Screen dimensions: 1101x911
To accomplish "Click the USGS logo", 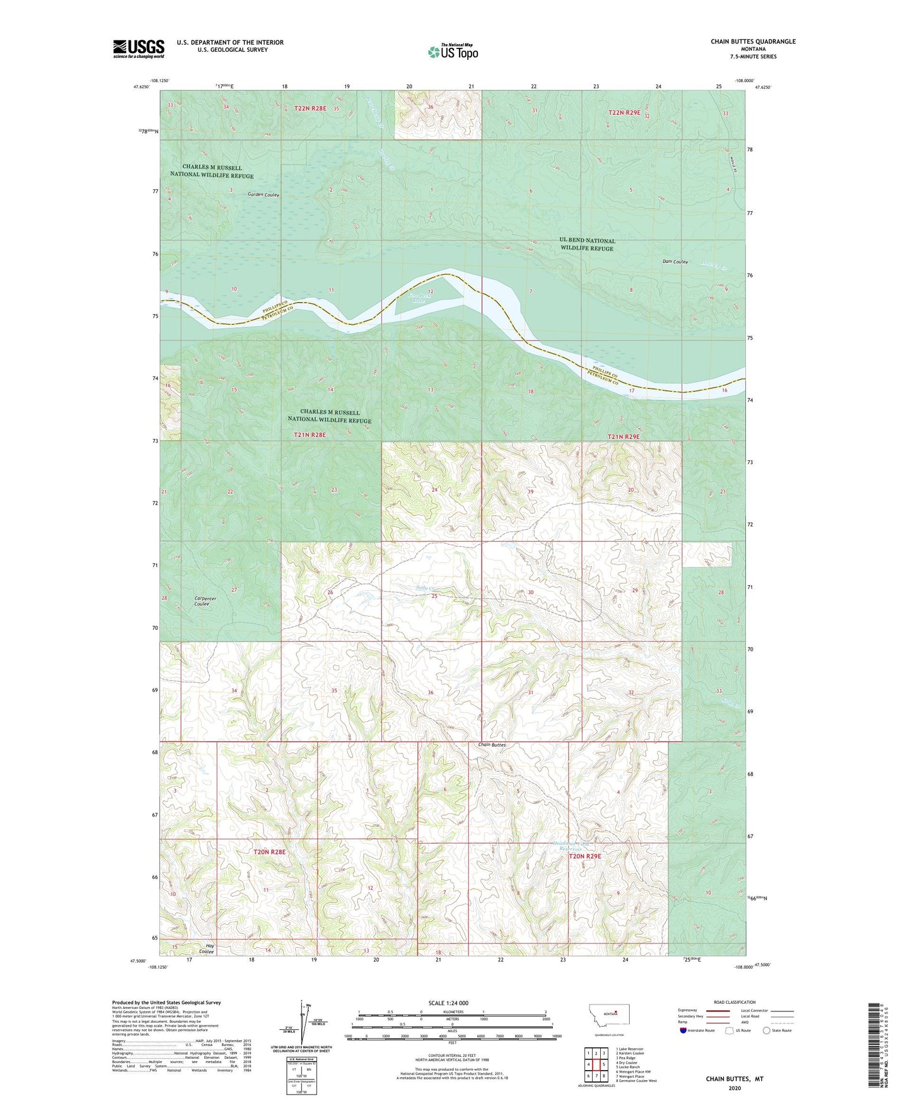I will pos(139,48).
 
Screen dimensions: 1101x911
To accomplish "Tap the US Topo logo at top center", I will pos(452,52).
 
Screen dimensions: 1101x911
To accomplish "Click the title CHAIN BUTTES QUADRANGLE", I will pos(753,42).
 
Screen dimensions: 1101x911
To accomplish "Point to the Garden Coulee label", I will pos(263,195).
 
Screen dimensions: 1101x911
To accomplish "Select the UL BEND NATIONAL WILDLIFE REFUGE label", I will pos(587,245).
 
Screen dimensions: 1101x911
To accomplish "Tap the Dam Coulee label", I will pos(675,262).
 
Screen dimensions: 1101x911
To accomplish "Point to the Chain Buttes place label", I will pos(492,745).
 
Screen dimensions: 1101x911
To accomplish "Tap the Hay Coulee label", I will pos(206,948).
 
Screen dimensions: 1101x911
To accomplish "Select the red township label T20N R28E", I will pos(269,852).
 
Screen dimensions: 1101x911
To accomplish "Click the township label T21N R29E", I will pos(624,436).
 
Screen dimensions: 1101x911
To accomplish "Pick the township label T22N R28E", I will pos(310,108).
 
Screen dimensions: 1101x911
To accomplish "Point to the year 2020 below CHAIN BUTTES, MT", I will pos(734,1088).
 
